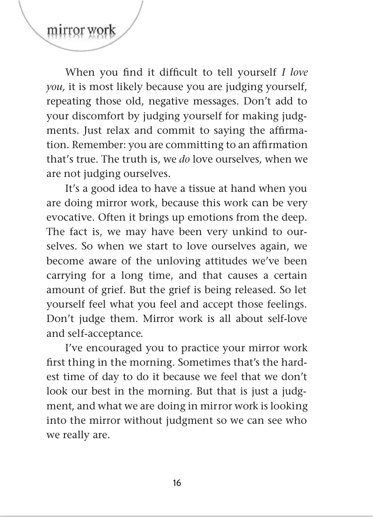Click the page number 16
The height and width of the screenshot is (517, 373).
pos(177,483)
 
